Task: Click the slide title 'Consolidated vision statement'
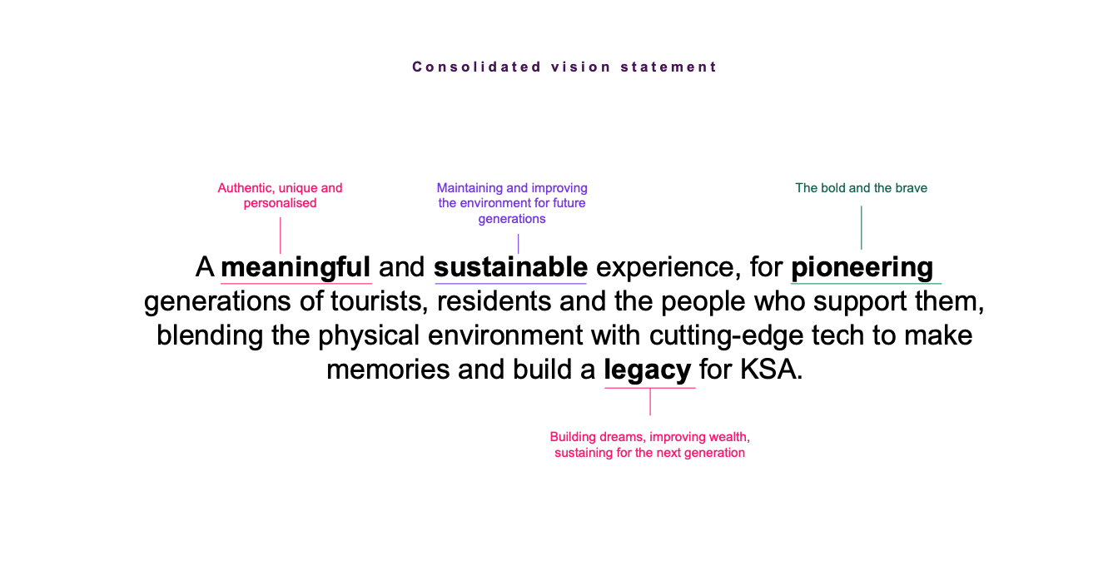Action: click(564, 67)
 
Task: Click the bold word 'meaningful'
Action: click(296, 267)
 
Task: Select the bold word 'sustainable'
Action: click(510, 266)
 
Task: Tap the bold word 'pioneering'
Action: click(862, 267)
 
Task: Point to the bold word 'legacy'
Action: click(648, 370)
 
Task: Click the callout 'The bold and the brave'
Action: click(861, 188)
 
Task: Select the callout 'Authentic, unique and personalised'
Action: click(280, 196)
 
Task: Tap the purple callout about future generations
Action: click(512, 203)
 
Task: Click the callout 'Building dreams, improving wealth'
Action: click(650, 444)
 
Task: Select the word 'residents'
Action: click(494, 301)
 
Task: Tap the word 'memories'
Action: click(388, 370)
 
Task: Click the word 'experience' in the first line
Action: click(665, 267)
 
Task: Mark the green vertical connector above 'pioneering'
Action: click(861, 227)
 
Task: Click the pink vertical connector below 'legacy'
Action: click(650, 402)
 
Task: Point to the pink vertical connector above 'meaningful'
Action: click(280, 235)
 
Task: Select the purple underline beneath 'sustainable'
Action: click(510, 284)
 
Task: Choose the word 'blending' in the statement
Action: click(210, 335)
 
